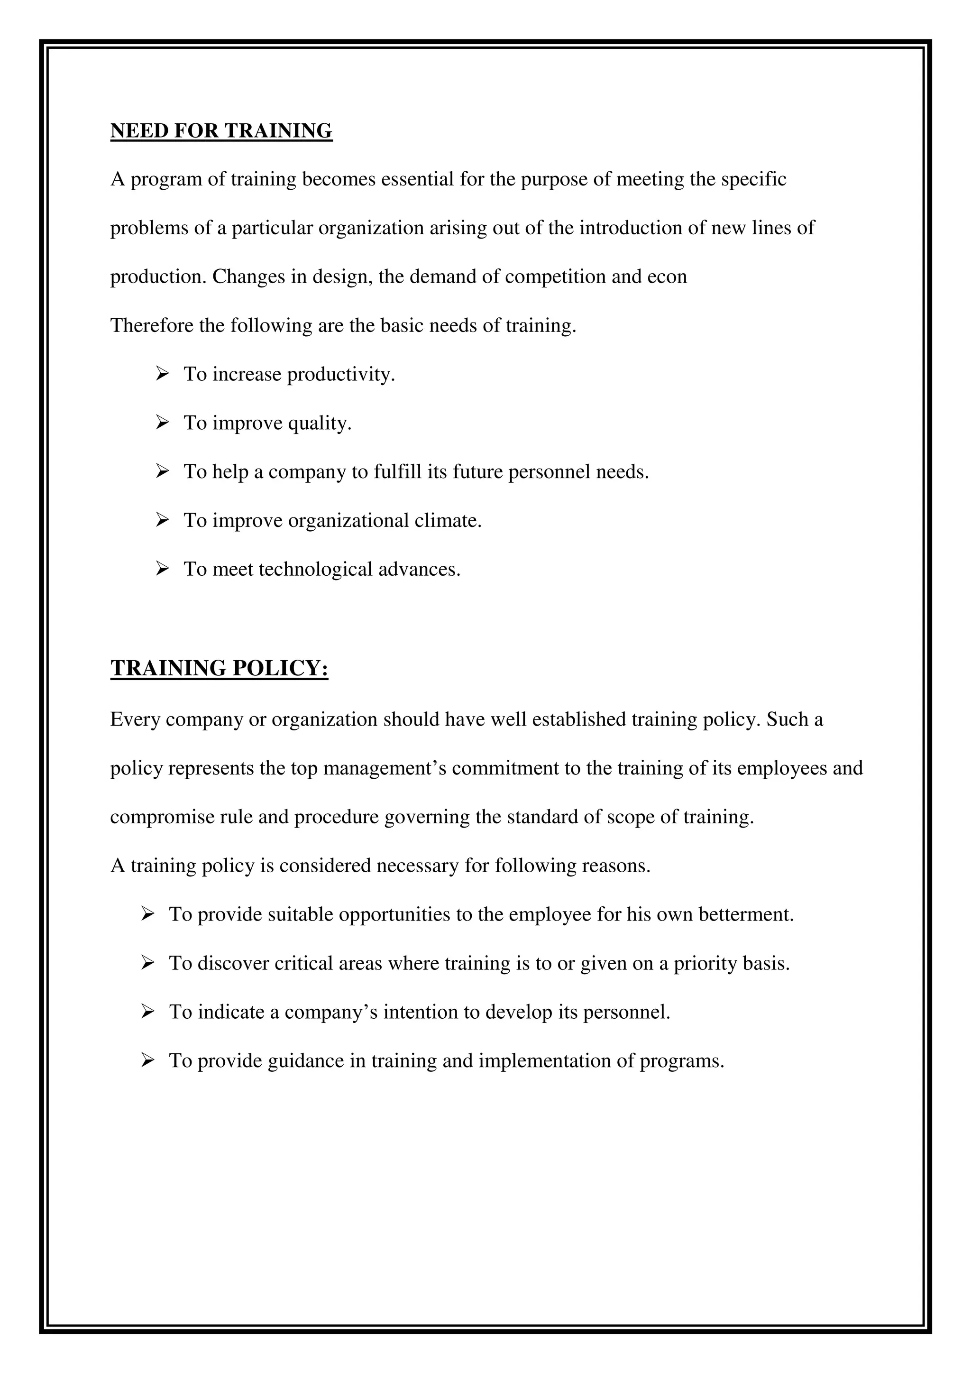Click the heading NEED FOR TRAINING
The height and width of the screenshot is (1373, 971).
coord(221,130)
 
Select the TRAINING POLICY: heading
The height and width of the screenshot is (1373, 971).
coord(220,668)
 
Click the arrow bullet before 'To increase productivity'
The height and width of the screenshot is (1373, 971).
coord(162,374)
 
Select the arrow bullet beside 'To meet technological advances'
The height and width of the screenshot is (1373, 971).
coord(162,569)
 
